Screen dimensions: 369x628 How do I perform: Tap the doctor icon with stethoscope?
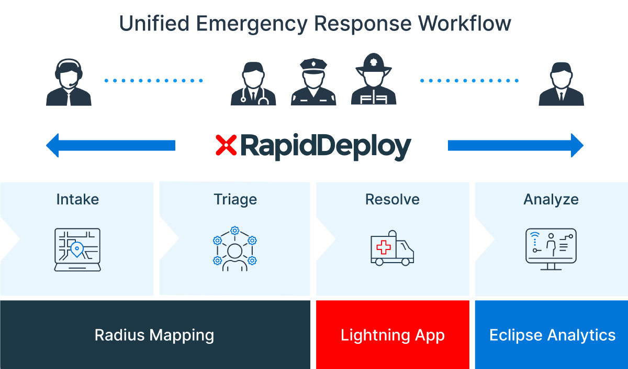(x=253, y=84)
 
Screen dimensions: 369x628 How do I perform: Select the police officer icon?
(x=313, y=82)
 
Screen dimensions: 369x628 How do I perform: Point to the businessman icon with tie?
(x=561, y=84)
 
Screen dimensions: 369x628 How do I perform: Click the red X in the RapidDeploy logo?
(x=226, y=145)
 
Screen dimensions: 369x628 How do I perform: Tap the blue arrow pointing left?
(x=110, y=145)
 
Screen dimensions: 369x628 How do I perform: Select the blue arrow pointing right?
(x=515, y=145)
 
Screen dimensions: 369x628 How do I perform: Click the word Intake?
(x=77, y=199)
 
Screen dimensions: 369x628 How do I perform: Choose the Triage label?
(x=235, y=199)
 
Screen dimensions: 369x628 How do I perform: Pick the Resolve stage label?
(x=392, y=199)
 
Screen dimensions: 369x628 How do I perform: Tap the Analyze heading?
(x=551, y=199)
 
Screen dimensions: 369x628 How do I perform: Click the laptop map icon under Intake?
(x=77, y=249)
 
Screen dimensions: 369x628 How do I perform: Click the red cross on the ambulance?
(x=384, y=247)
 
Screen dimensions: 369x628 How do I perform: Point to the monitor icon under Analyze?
(x=551, y=248)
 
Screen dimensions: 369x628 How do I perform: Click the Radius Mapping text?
(x=154, y=335)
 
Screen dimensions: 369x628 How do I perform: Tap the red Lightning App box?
(x=392, y=335)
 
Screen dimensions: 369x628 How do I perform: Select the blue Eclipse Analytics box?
(x=552, y=335)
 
